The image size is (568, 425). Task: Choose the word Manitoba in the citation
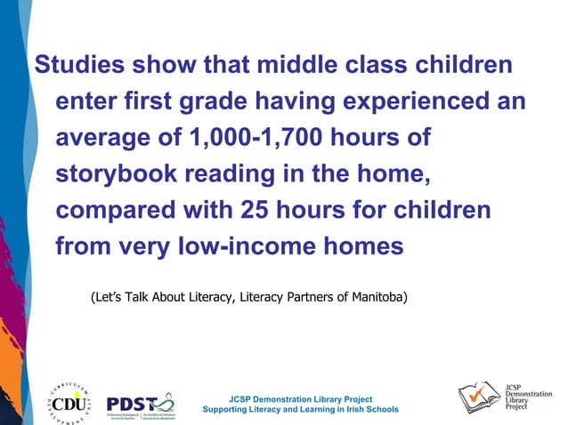click(373, 296)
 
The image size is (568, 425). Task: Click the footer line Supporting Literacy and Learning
click(300, 410)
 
